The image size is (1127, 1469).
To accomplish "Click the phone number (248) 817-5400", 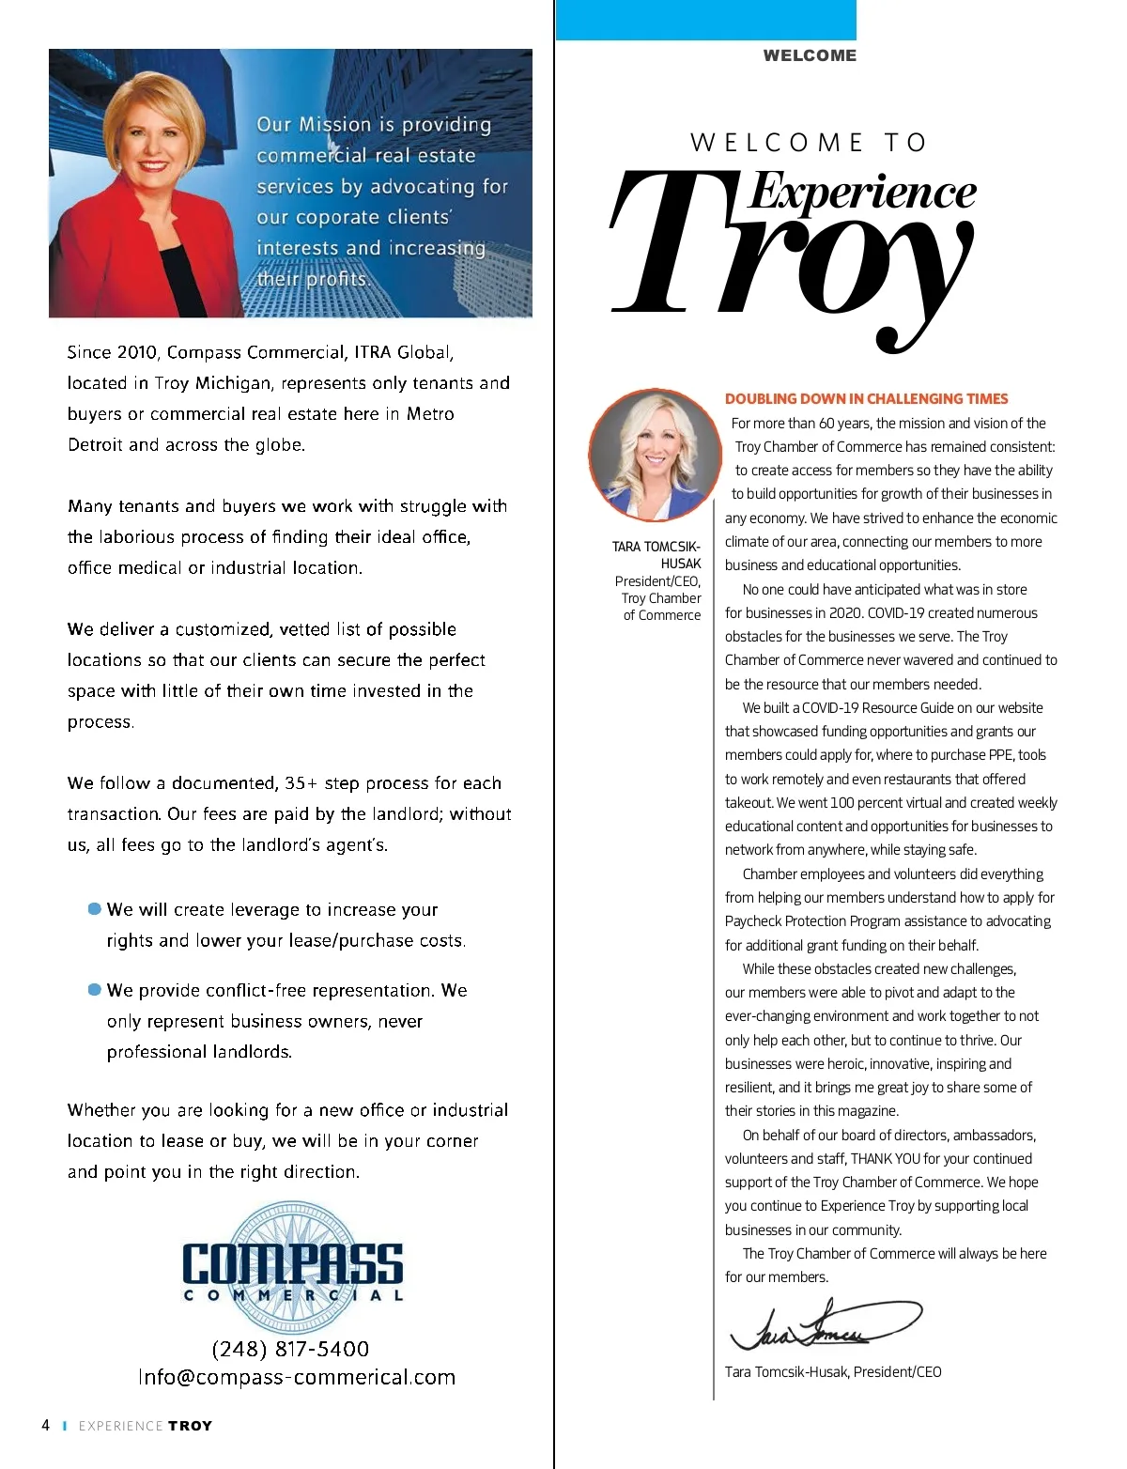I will point(290,1349).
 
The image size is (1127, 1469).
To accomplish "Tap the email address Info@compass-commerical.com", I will point(297,1378).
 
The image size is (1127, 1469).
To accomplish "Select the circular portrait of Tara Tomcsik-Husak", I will point(656,456).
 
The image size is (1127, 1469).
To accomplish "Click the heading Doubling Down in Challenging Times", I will point(866,398).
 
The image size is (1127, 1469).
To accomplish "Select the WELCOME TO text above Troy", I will point(810,143).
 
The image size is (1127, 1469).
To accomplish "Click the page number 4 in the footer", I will point(45,1425).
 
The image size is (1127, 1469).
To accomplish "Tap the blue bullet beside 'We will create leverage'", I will point(94,908).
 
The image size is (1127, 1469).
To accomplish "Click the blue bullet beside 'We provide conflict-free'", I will point(94,989).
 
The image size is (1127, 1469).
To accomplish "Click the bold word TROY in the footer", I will point(191,1426).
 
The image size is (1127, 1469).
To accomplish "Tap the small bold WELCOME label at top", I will point(810,55).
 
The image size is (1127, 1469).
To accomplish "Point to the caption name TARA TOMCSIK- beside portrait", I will point(656,547).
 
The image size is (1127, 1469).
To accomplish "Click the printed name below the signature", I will point(832,1372).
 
